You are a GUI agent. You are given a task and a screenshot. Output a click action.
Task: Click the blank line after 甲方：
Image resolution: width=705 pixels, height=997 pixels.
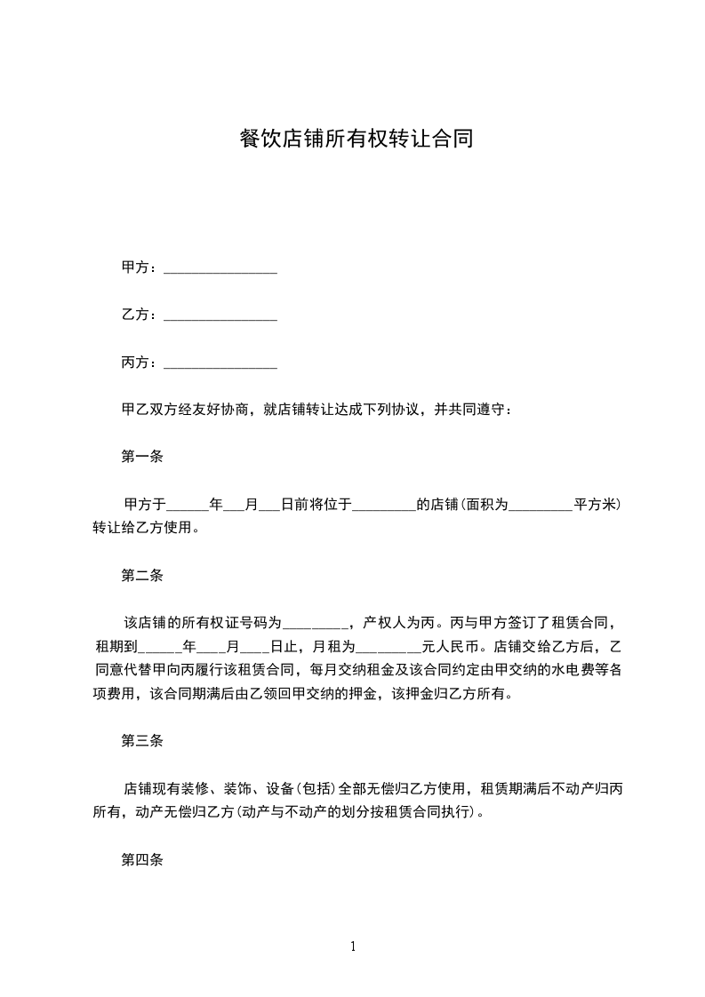[x=220, y=267]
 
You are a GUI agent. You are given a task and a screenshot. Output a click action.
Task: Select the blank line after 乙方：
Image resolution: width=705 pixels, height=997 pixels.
[x=220, y=315]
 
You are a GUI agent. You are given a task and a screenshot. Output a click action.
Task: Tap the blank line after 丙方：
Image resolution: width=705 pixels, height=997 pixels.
[x=220, y=363]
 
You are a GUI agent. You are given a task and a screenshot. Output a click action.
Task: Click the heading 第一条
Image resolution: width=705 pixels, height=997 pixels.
[x=141, y=458]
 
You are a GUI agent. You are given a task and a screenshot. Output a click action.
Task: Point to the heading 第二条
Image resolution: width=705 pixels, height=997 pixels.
[x=141, y=576]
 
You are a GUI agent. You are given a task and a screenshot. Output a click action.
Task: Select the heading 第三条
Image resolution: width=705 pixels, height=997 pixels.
[x=141, y=741]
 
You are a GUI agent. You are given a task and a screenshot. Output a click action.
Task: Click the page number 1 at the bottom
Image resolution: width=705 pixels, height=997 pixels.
[x=353, y=946]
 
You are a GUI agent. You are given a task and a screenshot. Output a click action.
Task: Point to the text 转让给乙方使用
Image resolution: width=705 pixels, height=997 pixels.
[x=141, y=528]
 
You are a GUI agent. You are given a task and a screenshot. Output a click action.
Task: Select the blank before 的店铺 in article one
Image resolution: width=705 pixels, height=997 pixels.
[x=384, y=505]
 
